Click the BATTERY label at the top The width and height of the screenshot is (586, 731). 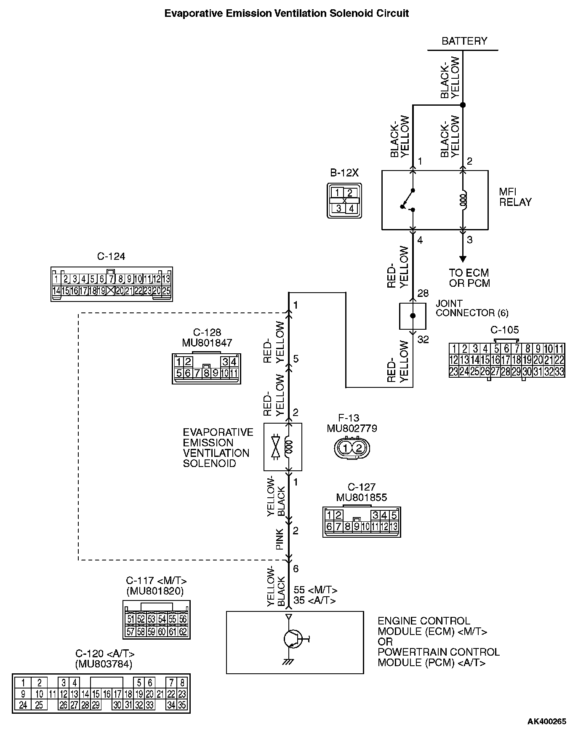pos(464,41)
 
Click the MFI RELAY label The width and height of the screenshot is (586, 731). pos(515,197)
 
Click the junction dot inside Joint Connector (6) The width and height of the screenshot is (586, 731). pos(413,316)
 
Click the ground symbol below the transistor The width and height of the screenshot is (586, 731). pos(288,662)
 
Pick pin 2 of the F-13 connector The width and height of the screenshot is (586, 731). pos(359,448)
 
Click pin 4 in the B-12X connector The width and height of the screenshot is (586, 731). pos(351,208)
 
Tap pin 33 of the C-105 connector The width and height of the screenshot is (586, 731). pos(559,372)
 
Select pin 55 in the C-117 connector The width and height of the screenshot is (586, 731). pos(173,619)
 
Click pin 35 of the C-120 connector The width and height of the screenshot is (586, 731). pos(182,705)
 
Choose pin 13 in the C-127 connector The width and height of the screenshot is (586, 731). pos(394,526)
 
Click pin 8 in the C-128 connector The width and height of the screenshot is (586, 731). pos(206,373)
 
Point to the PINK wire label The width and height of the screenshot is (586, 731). pos(279,539)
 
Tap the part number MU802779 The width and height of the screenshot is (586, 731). pos(352,429)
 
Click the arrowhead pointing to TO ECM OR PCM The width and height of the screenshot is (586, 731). pos(463,259)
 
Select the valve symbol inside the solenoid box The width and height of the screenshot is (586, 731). pos(275,447)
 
